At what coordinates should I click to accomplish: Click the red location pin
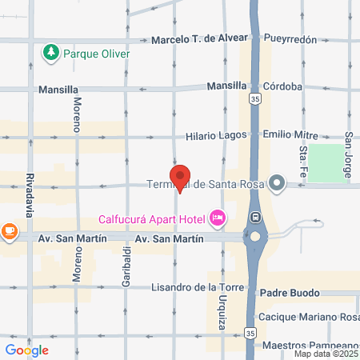click(x=180, y=178)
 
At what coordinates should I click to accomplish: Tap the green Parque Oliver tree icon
click(x=50, y=53)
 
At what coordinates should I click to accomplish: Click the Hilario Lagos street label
click(x=214, y=137)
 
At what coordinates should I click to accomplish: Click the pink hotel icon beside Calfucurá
click(x=216, y=217)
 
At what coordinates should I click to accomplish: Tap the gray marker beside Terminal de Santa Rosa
click(x=278, y=184)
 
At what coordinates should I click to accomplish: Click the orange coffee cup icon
click(x=9, y=232)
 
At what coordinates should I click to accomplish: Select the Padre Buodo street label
click(x=288, y=294)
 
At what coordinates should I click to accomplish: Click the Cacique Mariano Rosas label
click(x=310, y=316)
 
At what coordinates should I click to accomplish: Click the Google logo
click(x=27, y=350)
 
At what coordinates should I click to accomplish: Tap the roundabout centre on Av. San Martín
click(x=255, y=237)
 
